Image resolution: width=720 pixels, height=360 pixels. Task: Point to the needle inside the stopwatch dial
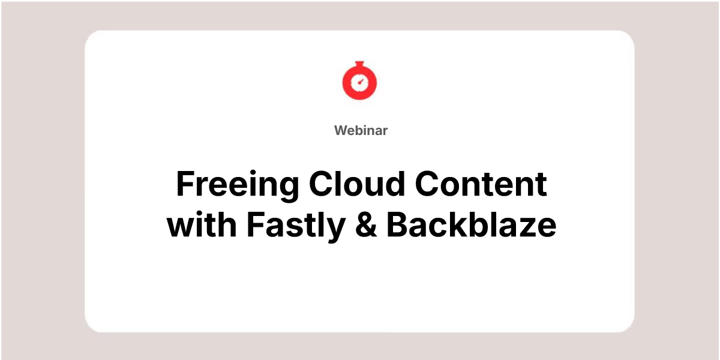361,82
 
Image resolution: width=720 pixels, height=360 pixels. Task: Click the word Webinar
361,131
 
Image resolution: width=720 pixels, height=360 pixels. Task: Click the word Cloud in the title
357,183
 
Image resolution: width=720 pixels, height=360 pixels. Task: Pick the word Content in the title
481,184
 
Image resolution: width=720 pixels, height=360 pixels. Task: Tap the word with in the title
202,224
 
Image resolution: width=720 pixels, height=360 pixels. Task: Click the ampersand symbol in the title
366,224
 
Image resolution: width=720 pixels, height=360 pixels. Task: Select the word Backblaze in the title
471,224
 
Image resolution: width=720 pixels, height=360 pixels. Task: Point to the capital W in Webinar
341,131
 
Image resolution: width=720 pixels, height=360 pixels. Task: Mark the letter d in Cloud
394,183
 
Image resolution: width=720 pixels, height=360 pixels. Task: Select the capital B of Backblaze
398,224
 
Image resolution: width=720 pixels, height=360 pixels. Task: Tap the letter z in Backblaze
521,227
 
